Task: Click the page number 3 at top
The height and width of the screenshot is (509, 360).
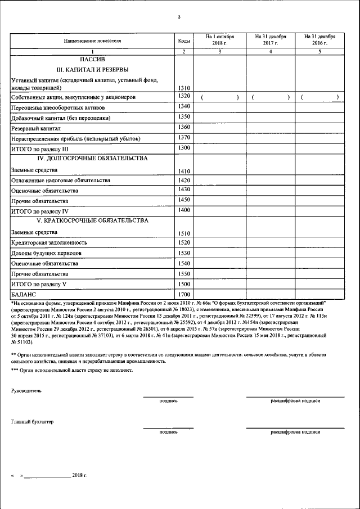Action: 178,17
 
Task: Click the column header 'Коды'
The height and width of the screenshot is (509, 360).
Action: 183,40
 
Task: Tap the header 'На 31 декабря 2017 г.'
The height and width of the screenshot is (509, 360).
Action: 271,39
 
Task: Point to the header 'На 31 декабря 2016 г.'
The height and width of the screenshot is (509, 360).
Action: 319,39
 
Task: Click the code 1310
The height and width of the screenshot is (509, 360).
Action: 183,88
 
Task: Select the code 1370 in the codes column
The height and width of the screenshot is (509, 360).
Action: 183,137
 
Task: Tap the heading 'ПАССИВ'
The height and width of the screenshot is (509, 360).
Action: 92,59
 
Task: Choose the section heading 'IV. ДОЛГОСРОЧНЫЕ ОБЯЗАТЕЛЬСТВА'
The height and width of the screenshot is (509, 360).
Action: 92,158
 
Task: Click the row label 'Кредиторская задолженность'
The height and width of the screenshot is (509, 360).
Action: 49,243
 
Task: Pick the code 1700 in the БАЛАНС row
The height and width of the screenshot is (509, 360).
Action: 183,294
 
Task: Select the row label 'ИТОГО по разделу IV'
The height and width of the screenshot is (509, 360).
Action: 39,211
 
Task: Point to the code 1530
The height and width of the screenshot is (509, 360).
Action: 183,253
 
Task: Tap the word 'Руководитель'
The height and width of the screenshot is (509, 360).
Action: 26,390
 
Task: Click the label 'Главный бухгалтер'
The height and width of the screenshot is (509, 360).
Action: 33,421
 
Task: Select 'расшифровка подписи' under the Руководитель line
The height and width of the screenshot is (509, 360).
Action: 295,401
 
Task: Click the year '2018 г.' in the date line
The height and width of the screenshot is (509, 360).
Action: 80,475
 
